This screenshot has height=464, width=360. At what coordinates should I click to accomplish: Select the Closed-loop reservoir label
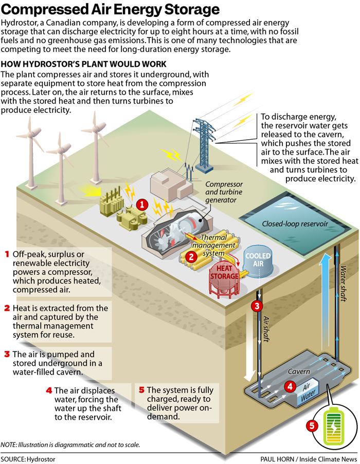tap(295, 224)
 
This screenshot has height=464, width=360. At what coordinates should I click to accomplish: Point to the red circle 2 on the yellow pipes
tap(191, 255)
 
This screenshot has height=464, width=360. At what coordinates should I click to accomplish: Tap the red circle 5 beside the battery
tap(311, 425)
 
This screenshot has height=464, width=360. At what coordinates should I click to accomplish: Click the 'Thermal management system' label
tap(213, 245)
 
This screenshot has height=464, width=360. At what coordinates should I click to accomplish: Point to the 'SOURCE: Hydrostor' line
tap(28, 458)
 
